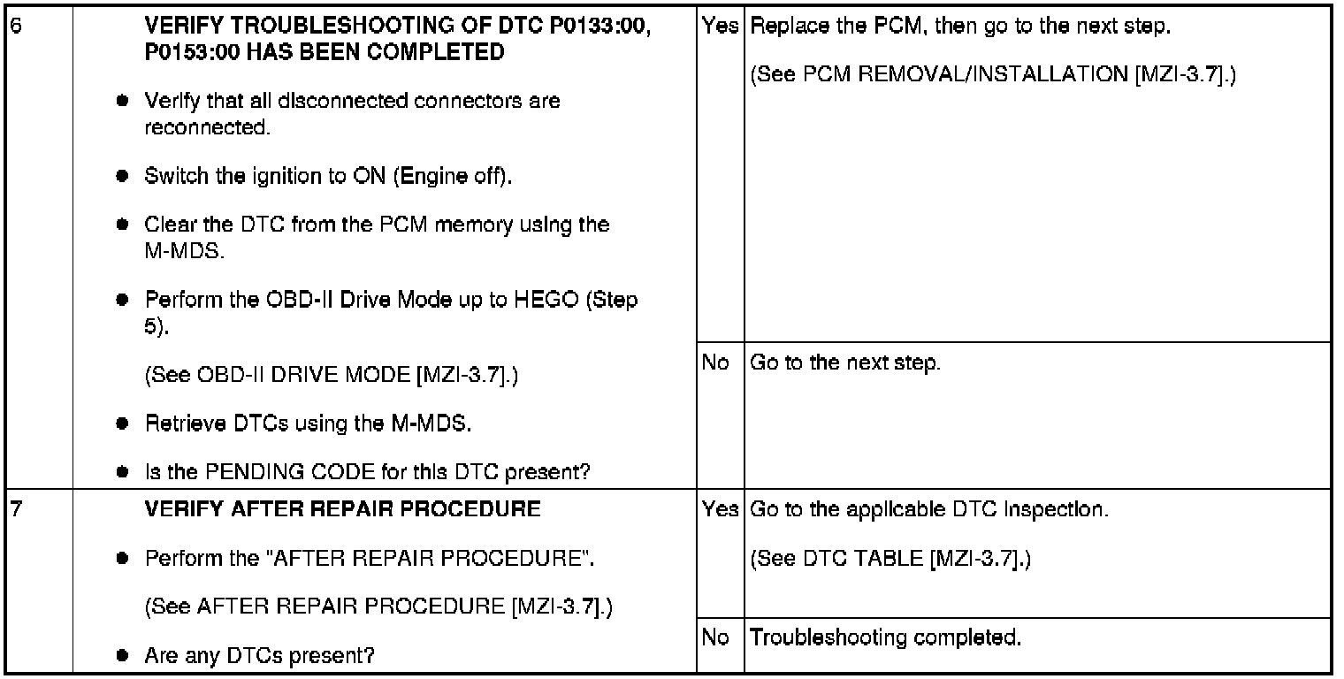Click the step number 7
click(x=12, y=510)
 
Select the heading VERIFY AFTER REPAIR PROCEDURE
click(x=342, y=510)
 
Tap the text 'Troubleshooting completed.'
click(x=885, y=637)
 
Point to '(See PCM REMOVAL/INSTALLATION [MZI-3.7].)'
click(x=992, y=76)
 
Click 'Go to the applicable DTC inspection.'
click(x=928, y=510)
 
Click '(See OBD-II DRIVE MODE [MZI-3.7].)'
click(x=331, y=377)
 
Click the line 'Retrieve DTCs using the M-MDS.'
click(x=308, y=424)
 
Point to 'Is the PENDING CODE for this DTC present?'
click(x=367, y=472)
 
